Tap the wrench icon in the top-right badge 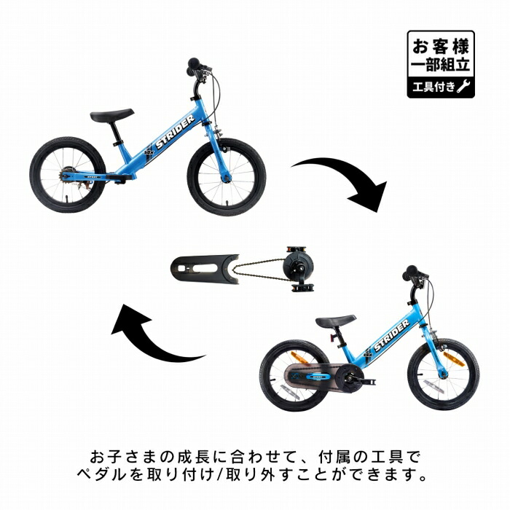(x=463, y=87)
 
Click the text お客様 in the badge (x=441, y=47)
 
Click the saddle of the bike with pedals (x=335, y=321)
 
